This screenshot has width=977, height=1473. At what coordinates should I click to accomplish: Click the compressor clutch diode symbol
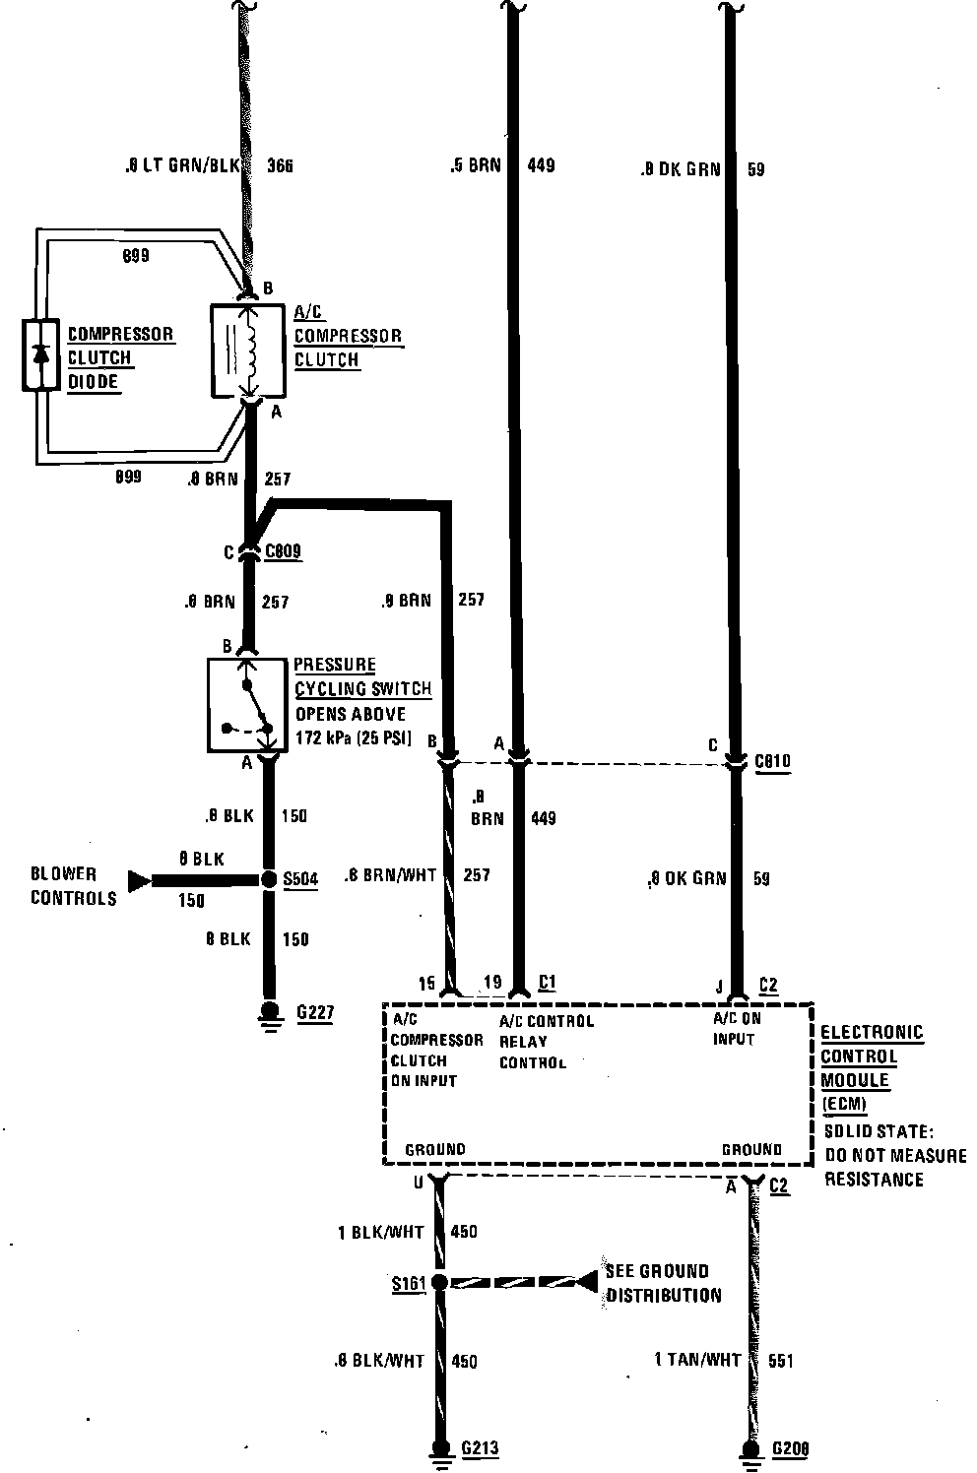[x=40, y=355]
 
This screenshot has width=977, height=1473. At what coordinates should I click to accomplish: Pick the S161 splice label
[x=408, y=1283]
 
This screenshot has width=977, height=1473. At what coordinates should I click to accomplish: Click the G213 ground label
[x=480, y=1448]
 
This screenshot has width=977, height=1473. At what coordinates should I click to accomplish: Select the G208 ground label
[x=791, y=1448]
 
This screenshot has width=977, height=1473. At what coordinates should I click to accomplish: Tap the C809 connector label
[x=284, y=552]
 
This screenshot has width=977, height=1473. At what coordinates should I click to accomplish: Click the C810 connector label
[x=773, y=761]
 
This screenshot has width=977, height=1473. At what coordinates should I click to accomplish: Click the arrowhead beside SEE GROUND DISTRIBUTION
[x=587, y=1282]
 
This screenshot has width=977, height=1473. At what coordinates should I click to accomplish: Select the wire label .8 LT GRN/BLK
[x=183, y=166]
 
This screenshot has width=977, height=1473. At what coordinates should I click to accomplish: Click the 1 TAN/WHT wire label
[x=697, y=1360]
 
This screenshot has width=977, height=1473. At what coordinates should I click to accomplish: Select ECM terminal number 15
[x=426, y=983]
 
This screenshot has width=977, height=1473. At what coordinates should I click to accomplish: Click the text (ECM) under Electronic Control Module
[x=845, y=1104]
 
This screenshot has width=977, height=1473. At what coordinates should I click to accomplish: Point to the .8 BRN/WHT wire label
[x=391, y=874]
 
